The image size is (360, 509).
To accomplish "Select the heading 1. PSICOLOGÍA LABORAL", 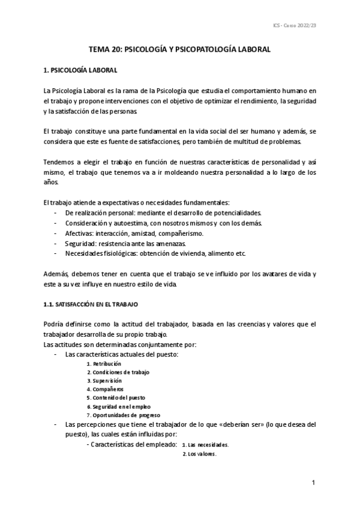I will click(80, 71).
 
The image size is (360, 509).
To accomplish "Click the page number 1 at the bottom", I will click(314, 483).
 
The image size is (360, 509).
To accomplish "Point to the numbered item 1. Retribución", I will click(103, 364).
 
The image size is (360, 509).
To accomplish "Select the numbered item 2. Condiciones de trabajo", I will click(118, 372).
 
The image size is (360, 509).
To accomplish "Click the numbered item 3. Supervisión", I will click(104, 381).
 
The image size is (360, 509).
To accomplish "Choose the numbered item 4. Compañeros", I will click(104, 389).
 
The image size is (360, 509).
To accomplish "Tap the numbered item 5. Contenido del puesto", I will click(116, 397).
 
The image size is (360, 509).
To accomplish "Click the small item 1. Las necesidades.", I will click(205, 445).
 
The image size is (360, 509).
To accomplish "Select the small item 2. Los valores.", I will click(199, 454).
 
